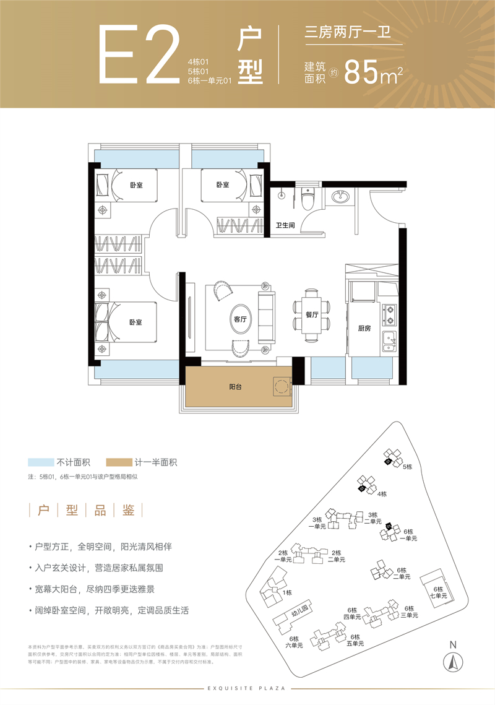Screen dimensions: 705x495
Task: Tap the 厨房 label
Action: (364, 328)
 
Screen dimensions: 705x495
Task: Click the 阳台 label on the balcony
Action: (235, 386)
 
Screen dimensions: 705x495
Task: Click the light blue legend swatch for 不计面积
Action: (40, 462)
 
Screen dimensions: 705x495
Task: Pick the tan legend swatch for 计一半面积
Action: (119, 462)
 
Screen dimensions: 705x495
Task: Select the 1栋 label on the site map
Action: (286, 592)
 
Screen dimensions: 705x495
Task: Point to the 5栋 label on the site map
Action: (407, 467)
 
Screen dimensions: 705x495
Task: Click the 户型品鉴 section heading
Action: (86, 510)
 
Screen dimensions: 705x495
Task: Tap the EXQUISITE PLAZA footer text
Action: (247, 688)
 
